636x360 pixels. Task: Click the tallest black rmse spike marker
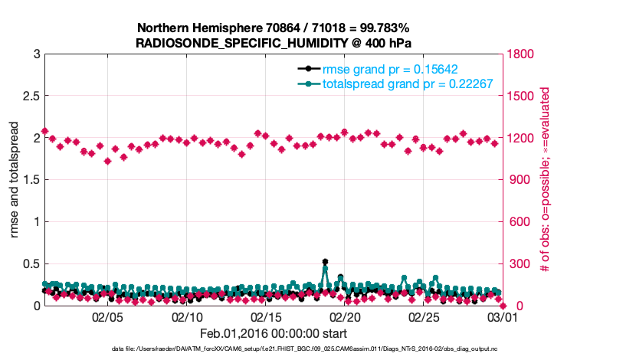point(325,262)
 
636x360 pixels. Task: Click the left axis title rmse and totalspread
point(15,180)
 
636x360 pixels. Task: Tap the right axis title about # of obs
point(545,180)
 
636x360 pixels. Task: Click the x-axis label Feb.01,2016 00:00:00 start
point(273,334)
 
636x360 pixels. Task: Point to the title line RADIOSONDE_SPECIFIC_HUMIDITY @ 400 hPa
point(274,43)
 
